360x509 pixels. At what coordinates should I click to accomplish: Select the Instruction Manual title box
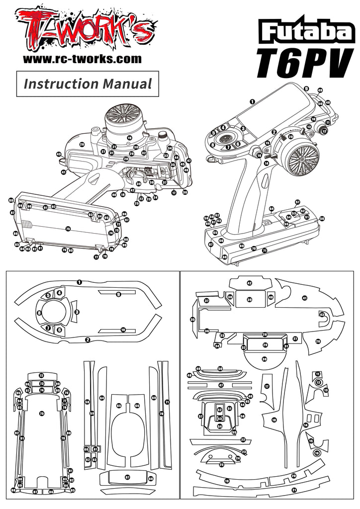(x=88, y=84)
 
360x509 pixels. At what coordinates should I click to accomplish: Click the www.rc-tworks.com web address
(x=83, y=59)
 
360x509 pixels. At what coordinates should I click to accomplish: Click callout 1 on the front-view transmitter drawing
(x=252, y=101)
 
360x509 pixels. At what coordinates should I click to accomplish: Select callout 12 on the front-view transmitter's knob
(x=324, y=131)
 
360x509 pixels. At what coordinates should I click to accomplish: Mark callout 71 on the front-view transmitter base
(x=265, y=251)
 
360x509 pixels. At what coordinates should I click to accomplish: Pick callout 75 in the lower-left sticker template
(x=42, y=414)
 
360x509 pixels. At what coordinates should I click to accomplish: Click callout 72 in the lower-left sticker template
(x=42, y=375)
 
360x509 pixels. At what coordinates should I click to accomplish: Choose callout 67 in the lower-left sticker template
(x=127, y=477)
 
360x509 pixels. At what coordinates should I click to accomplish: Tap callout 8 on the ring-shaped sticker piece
(x=39, y=313)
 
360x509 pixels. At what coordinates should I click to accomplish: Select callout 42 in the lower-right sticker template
(x=250, y=283)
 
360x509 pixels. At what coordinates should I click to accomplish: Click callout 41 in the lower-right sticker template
(x=304, y=298)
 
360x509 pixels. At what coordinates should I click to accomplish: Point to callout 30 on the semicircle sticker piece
(x=265, y=358)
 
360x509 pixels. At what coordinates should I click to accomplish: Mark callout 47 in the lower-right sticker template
(x=221, y=385)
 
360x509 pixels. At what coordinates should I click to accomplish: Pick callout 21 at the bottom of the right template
(x=294, y=490)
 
